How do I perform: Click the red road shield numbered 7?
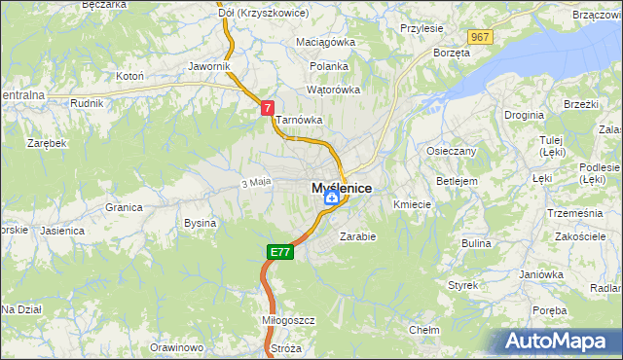267,110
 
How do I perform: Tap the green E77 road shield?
279,252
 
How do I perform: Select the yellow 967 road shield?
479,37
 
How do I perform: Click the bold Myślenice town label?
341,188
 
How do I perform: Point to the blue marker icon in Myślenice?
332,198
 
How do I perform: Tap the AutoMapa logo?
557,342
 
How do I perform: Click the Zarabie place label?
357,235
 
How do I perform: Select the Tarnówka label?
298,121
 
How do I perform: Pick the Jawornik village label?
209,67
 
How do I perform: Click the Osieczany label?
452,152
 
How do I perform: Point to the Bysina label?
200,223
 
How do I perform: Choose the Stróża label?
286,347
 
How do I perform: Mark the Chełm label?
423,330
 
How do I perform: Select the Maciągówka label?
326,43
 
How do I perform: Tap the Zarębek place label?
47,143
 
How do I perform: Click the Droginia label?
524,115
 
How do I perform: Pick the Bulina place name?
476,243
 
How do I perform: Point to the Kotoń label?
130,75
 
